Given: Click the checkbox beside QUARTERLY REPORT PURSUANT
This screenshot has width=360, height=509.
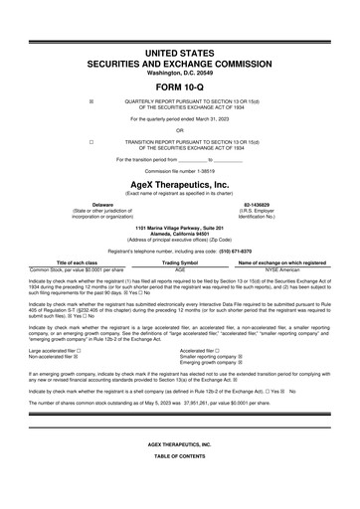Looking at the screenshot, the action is click(x=90, y=102).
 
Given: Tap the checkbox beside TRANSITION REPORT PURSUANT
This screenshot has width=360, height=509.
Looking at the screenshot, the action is click(x=90, y=142).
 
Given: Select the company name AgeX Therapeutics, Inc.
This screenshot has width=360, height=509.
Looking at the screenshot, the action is click(x=180, y=185).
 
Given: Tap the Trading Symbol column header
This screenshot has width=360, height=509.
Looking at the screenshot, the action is click(x=180, y=262).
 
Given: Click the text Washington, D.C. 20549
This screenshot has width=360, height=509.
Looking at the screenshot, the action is click(x=180, y=74).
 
